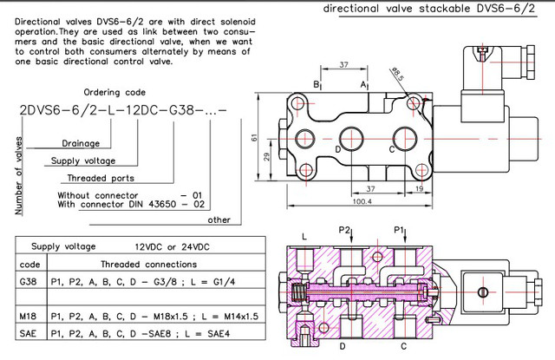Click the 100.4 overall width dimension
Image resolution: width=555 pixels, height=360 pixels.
[362, 201]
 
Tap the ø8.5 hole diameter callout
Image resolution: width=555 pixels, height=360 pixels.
[397, 74]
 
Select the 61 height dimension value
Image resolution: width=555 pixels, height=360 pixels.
[254, 137]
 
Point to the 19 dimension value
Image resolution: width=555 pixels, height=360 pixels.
[419, 188]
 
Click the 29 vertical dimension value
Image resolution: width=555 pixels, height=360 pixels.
[267, 156]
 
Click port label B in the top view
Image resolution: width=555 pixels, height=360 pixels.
[316, 85]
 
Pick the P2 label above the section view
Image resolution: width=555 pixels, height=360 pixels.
[344, 230]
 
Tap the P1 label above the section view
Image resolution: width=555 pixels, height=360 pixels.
[399, 230]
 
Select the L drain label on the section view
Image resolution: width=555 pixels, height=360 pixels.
[304, 237]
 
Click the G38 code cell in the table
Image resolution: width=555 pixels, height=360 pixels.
[28, 282]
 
